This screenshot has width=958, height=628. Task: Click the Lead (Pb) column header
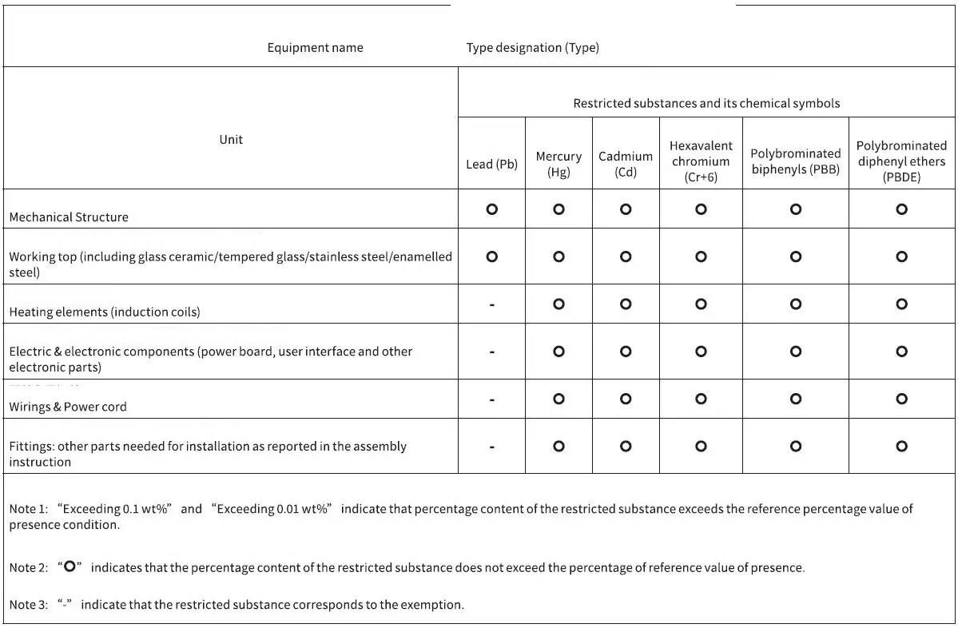pos(491,165)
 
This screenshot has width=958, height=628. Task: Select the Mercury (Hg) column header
pos(559,165)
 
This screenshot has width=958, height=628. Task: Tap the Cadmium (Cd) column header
pos(626,165)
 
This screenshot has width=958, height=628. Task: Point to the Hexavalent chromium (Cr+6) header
pos(701,161)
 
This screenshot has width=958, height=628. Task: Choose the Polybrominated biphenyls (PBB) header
pos(795,161)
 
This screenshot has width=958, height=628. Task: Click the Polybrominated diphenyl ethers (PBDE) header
pos(901,161)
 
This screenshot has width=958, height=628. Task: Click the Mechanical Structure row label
pos(69,217)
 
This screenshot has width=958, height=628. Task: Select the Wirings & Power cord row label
pos(68,407)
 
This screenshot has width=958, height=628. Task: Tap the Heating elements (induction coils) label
pos(105,312)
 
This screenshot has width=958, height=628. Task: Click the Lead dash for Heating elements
pos(491,304)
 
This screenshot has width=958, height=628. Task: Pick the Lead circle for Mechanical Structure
pos(491,209)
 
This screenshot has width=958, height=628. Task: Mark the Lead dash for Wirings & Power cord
pos(491,399)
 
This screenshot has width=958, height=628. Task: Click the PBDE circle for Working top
pos(901,256)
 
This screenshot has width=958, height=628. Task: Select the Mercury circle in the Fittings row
pos(559,447)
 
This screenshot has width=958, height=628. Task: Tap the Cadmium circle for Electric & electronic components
pos(626,352)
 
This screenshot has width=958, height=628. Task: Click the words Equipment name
pos(315,48)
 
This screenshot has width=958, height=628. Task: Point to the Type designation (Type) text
pos(532,48)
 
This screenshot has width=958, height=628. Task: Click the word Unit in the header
pos(231,140)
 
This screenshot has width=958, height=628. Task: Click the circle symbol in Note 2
pos(70,566)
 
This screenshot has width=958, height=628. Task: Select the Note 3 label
pos(27,605)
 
